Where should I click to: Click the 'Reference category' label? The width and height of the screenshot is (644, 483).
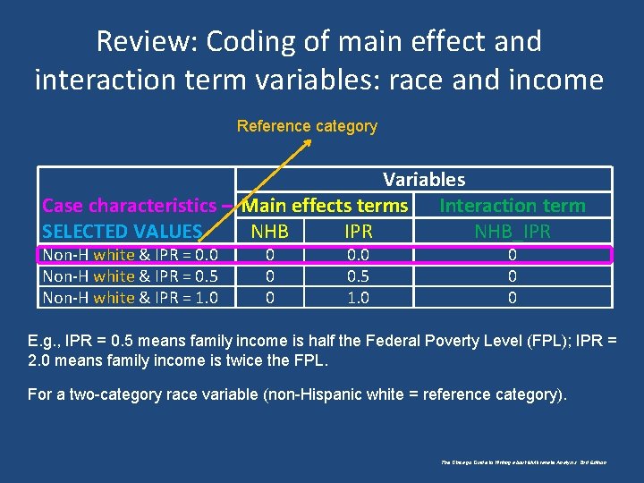307,126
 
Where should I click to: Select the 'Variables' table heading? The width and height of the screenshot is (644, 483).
424,180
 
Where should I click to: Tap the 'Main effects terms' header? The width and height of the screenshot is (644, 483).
326,206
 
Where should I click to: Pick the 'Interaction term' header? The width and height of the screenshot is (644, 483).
513,206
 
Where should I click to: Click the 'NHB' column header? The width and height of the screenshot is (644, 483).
270,232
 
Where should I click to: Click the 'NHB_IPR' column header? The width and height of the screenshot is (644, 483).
513,232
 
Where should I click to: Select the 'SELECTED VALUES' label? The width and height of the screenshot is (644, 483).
123,232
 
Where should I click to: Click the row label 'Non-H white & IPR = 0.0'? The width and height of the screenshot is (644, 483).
130,255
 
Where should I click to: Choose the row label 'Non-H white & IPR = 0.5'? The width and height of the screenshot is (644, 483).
130,276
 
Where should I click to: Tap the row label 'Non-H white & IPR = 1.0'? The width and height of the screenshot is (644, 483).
130,298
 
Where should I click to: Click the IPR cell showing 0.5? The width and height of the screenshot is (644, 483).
358,276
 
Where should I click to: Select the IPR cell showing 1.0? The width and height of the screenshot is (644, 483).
358,298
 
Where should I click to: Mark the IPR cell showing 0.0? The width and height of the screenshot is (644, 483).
358,255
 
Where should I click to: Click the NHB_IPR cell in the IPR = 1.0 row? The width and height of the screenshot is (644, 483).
513,298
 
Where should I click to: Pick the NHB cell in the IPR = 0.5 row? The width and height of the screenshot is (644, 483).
270,276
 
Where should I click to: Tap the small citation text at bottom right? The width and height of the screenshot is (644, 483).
524,462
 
